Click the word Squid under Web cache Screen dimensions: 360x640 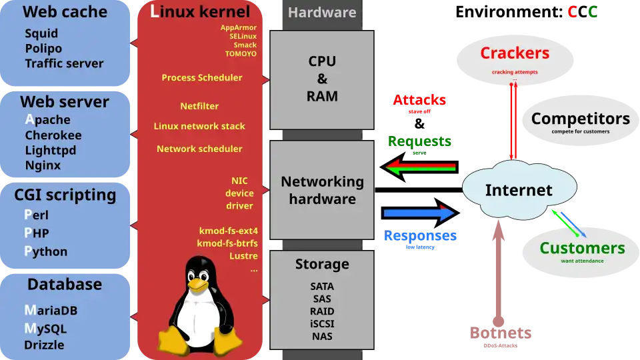[41, 33]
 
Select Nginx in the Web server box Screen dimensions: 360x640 [43, 165]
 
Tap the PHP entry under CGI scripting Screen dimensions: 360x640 [37, 233]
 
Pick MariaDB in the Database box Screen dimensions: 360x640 [51, 311]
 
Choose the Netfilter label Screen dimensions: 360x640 [199, 106]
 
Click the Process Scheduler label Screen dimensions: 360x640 [202, 77]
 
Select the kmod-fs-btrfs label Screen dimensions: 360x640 [228, 243]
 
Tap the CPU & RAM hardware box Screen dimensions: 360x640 [322, 79]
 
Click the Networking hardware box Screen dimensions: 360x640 [322, 190]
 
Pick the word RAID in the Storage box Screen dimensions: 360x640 [322, 311]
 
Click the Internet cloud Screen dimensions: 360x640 [518, 191]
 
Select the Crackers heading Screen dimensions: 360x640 [515, 53]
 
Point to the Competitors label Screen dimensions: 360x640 [580, 119]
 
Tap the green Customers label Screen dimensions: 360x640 [582, 249]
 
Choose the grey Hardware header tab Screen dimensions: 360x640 [322, 13]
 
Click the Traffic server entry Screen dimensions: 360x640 [64, 64]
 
